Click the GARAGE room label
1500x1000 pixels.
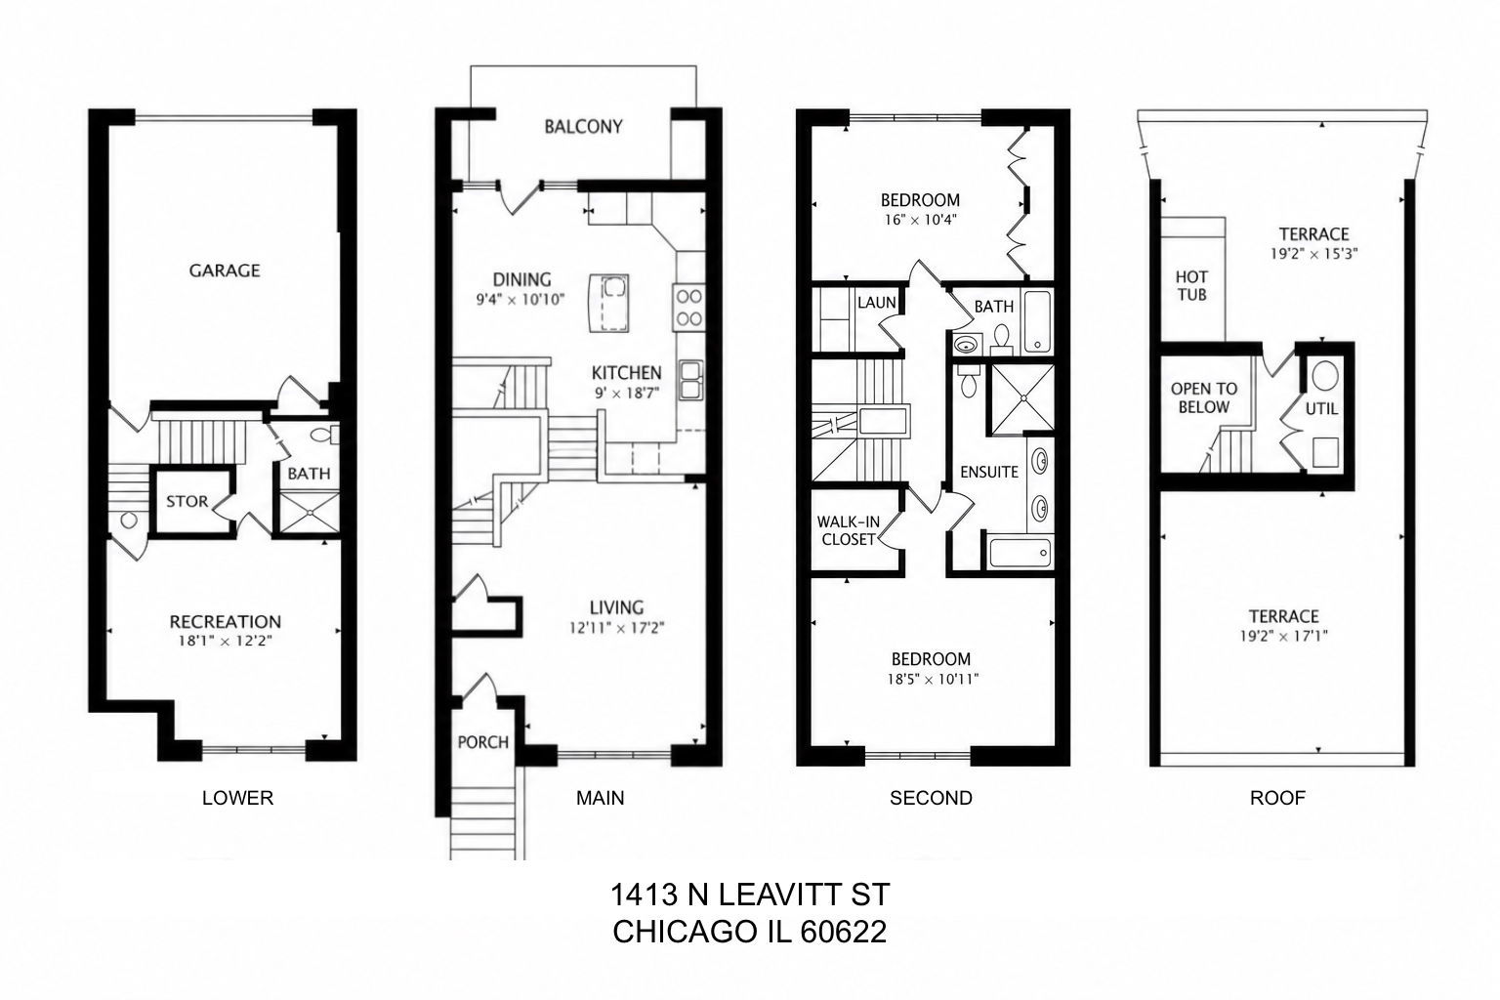pos(225,271)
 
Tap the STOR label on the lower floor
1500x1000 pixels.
pos(187,502)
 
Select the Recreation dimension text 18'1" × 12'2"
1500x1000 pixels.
pos(225,641)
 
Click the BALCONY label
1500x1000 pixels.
pos(583,127)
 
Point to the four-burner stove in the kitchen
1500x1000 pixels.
pos(688,308)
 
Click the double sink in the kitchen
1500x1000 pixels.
pos(691,381)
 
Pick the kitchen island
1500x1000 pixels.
pos(608,303)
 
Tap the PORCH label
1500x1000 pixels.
pos(482,742)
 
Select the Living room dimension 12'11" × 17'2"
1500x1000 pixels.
pos(617,628)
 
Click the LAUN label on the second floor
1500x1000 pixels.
pos(877,303)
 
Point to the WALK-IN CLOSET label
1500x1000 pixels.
pos(849,530)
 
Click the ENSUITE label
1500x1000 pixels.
pos(989,473)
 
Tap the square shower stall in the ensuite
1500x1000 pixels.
pos(1022,398)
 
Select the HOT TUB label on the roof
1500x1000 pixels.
pos(1192,286)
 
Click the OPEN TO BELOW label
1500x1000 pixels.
pos(1204,397)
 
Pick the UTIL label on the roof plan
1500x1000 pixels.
pos(1322,408)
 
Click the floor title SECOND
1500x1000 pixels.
pos(931,798)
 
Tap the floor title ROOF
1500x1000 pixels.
pos(1277,798)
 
